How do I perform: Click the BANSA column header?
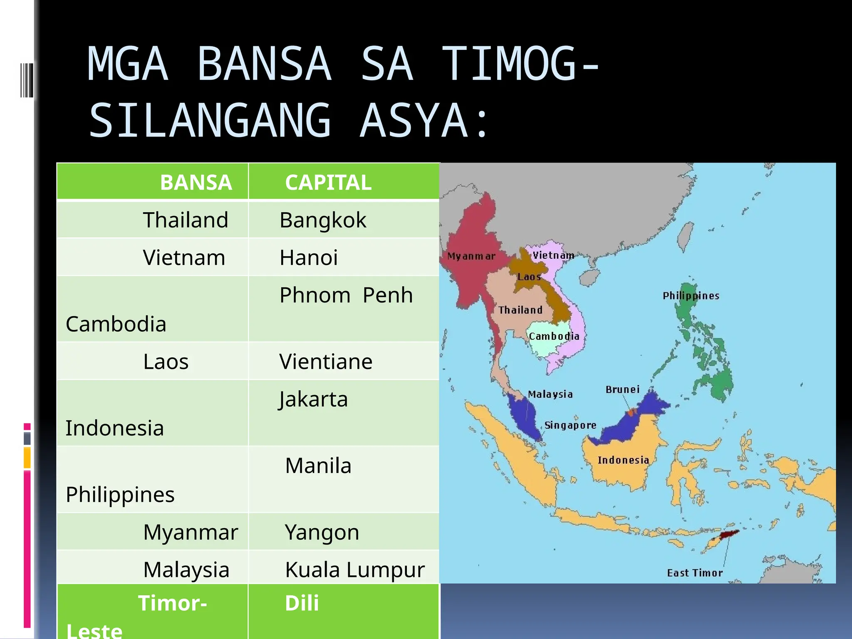point(196,183)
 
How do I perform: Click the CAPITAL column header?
point(328,183)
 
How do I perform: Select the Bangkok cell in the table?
point(323,220)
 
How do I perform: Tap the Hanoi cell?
point(309,258)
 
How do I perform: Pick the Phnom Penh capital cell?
point(346,295)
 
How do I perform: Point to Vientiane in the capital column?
point(326,362)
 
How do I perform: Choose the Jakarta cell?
point(313,399)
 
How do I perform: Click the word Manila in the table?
point(318,466)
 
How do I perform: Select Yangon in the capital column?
point(322,532)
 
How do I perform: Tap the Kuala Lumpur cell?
point(355,570)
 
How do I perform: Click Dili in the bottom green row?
point(302,603)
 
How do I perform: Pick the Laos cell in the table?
point(166,362)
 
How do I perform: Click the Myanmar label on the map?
point(471,256)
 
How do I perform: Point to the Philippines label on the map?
point(691,296)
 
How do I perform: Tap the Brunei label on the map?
point(622,389)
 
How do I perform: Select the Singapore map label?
point(570,425)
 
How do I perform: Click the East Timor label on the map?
point(695,573)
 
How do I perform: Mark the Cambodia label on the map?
point(554,336)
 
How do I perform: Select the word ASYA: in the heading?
point(424,121)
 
